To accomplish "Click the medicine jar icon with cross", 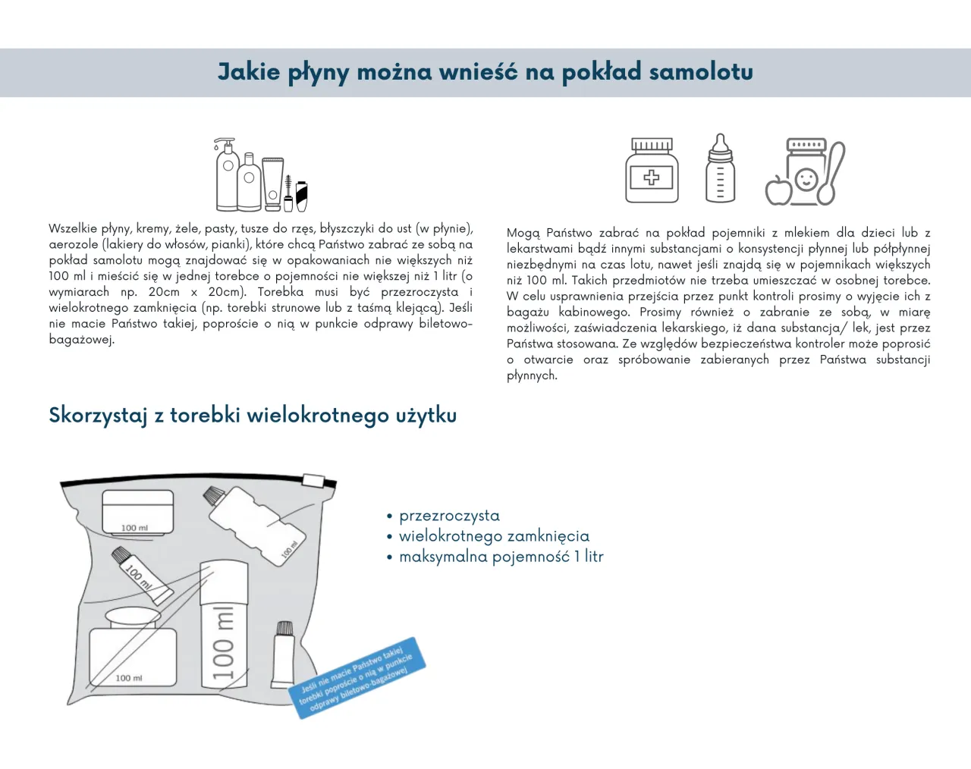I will (652, 171).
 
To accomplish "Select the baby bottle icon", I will (720, 169).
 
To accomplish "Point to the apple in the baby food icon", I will (778, 190).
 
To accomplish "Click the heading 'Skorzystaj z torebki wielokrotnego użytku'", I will (253, 416).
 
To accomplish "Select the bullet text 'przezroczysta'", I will (449, 516).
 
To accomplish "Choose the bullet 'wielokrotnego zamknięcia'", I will (494, 536).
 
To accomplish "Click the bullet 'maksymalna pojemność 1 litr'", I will (501, 557).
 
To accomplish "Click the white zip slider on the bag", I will (313, 480).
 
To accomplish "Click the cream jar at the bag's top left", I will (137, 512).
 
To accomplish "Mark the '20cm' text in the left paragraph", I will (164, 292).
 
